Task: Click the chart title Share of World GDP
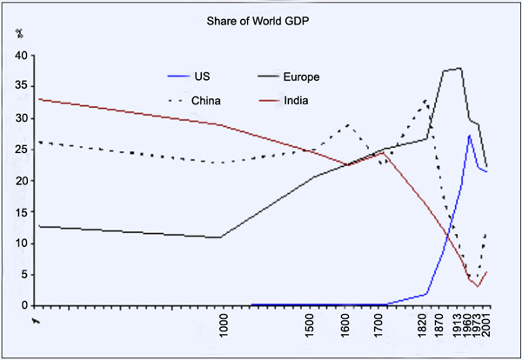(261, 21)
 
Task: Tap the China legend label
(206, 101)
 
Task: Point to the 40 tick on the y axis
(19, 56)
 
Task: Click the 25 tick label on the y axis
(19, 150)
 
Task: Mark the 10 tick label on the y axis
(19, 243)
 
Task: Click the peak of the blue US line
(470, 135)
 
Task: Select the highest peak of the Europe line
(460, 68)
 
